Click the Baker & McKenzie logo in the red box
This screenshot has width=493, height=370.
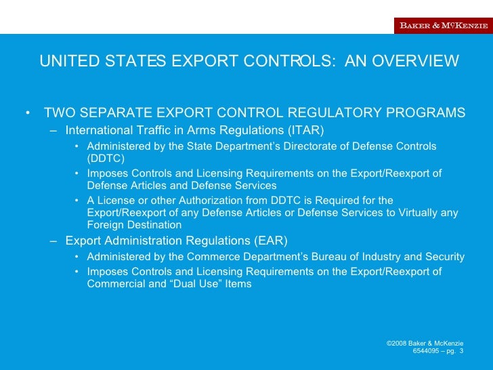coord(442,26)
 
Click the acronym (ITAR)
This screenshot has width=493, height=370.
coord(307,129)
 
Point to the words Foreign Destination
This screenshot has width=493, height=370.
coord(134,225)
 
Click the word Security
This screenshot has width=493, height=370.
coord(442,257)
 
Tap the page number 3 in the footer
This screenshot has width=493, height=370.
coord(461,351)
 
